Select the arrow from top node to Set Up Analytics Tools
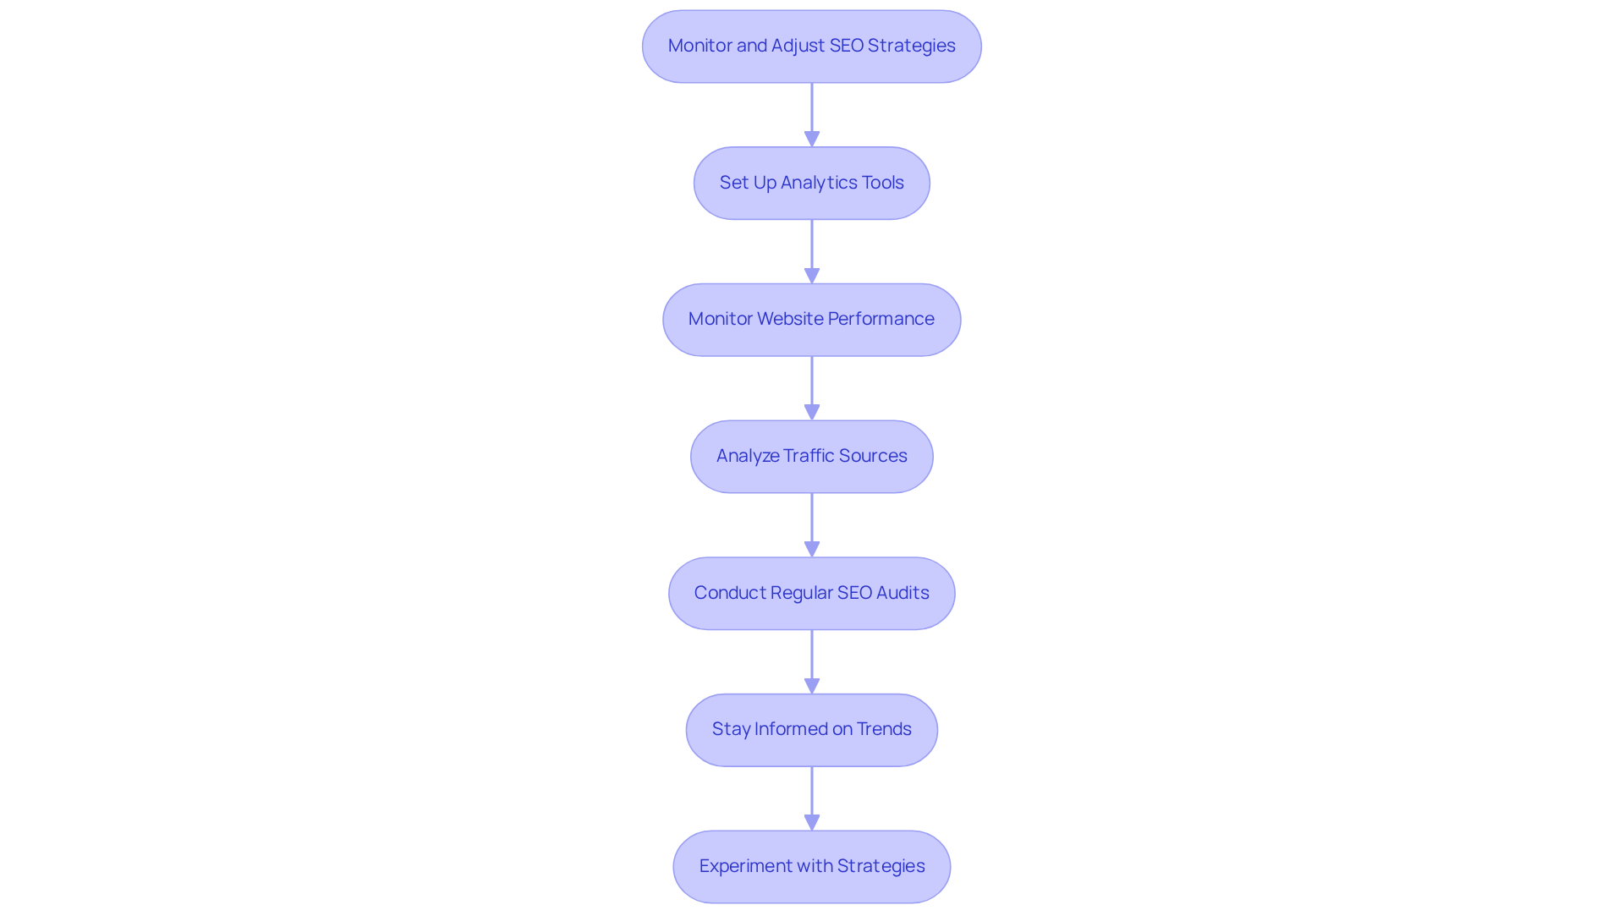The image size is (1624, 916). [x=812, y=114]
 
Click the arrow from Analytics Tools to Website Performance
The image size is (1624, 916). [x=812, y=251]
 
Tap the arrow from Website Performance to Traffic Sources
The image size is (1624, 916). [x=812, y=387]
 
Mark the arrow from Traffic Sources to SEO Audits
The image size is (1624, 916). [x=812, y=524]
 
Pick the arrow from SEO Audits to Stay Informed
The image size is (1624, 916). [x=812, y=661]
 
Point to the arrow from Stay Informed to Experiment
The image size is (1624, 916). [x=812, y=798]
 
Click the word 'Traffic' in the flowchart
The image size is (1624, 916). [x=809, y=456]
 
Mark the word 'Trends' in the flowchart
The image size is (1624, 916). [x=884, y=729]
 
